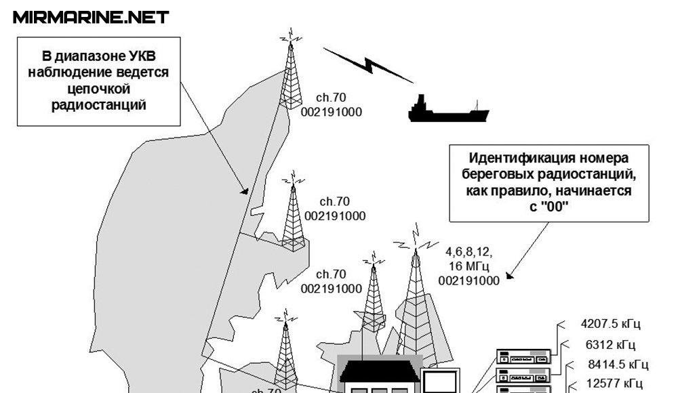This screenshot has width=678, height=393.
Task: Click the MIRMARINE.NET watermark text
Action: [91, 17]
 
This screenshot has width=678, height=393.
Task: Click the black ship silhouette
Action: [447, 110]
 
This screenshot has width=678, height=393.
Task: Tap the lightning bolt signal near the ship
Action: [368, 65]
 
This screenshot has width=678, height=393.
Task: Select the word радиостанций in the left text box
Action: [98, 104]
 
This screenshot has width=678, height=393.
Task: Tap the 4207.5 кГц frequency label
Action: [611, 323]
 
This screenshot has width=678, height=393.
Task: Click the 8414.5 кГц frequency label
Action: [618, 364]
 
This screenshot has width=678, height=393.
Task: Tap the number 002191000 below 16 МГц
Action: [468, 279]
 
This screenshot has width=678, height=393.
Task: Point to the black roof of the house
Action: [380, 370]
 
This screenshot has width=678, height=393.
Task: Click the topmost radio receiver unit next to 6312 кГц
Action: [523, 356]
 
